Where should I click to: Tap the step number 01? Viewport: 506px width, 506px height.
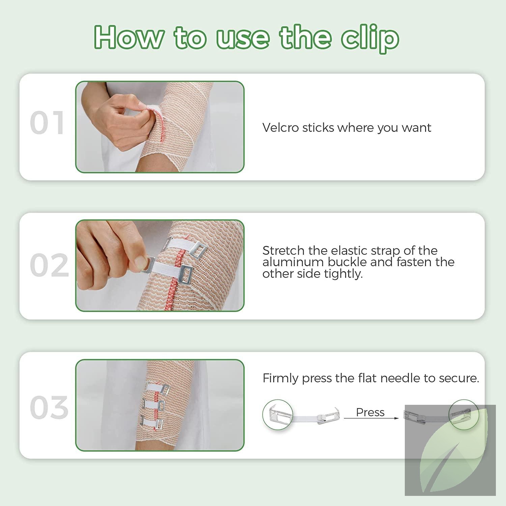tap(47, 123)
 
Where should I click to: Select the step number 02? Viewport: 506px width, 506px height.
tap(49, 265)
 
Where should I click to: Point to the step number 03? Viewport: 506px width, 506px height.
tap(49, 408)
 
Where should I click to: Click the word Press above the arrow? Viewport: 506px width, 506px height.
tap(370, 412)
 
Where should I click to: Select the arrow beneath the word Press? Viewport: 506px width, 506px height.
tap(371, 419)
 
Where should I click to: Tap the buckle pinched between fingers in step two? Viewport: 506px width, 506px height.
tap(148, 264)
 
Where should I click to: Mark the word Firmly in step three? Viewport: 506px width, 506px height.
tap(281, 378)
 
